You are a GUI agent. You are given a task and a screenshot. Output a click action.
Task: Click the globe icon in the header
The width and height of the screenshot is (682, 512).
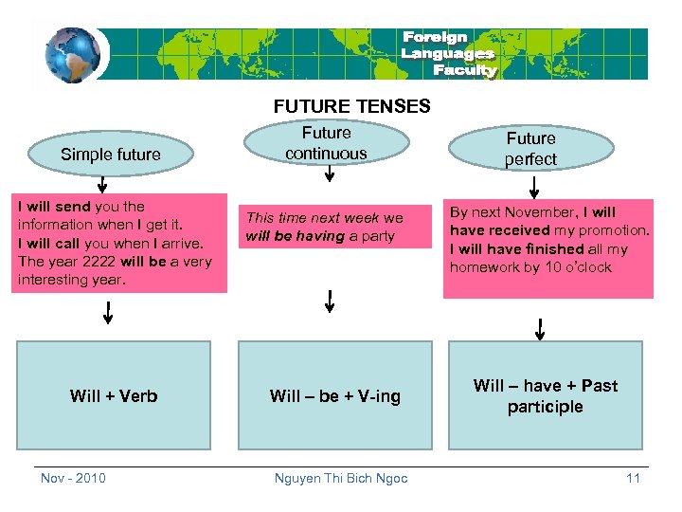(71, 55)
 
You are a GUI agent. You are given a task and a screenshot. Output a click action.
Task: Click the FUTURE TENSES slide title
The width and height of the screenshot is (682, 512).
(351, 107)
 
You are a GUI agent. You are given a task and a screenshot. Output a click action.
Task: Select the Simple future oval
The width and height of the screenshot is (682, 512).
(111, 154)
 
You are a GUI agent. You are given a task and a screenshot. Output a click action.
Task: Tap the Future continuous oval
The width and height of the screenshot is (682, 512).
(326, 143)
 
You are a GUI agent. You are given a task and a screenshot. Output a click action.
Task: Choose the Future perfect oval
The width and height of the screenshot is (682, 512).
(530, 149)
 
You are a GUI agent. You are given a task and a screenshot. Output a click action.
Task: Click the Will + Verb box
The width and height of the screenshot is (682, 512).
(114, 395)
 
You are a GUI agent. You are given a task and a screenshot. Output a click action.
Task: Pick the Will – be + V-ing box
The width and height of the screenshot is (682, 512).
(335, 395)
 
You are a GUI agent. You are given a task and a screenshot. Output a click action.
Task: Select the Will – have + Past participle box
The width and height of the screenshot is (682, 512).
(546, 395)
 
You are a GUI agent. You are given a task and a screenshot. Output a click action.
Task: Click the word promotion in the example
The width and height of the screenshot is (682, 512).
(611, 230)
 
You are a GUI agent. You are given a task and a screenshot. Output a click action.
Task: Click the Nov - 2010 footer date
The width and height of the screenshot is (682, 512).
(73, 478)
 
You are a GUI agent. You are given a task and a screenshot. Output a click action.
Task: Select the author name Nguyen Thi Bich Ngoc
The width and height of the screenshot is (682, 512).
(341, 478)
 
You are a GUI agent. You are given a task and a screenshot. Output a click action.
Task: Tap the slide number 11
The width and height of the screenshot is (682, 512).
(633, 478)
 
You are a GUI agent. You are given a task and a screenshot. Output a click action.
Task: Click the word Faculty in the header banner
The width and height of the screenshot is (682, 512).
(464, 70)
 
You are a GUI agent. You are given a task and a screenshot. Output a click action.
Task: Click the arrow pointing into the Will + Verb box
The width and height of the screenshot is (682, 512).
(108, 312)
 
